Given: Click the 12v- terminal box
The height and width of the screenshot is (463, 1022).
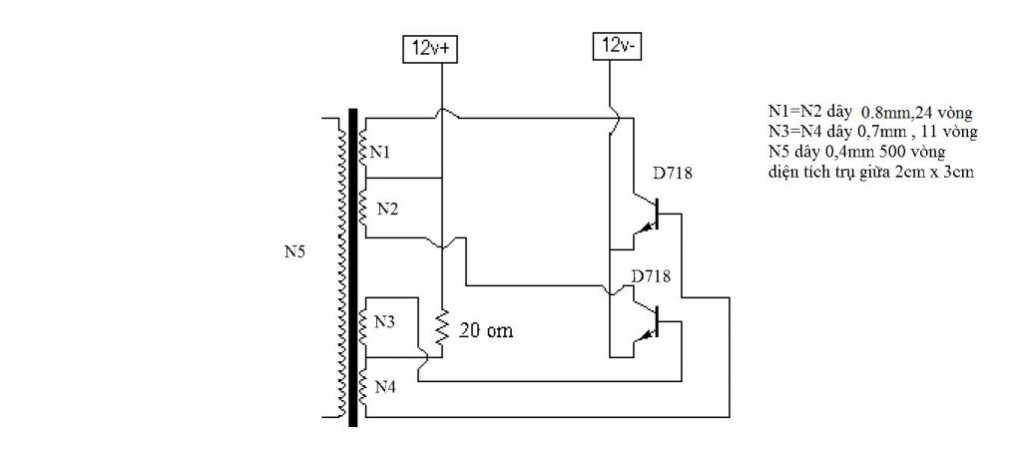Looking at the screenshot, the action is point(617,46).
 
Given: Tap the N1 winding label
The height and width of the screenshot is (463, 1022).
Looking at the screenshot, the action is point(381,153).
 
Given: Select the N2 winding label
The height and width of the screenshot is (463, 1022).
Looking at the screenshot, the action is point(388,210).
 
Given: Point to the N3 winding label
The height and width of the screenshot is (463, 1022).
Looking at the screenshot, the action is point(384,321).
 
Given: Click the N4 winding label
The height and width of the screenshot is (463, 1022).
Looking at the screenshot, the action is point(386,387).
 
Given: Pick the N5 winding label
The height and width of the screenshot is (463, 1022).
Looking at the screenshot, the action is point(294,251).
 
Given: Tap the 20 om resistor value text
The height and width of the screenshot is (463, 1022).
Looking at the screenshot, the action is point(486,330).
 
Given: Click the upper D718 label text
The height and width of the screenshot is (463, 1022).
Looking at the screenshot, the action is point(673,174).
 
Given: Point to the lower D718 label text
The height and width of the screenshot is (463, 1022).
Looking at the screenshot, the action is point(651,275).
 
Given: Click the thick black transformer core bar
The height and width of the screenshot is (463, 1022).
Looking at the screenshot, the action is point(352,267).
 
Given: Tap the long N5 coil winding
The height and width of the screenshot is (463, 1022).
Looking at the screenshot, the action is point(341,267).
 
